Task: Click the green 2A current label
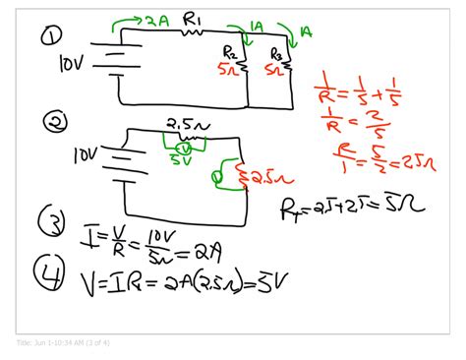tap(159, 19)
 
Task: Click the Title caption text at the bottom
tap(64, 342)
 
